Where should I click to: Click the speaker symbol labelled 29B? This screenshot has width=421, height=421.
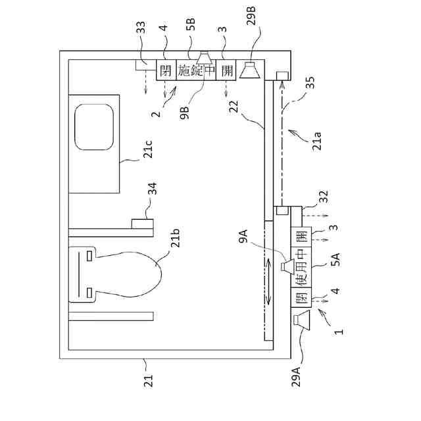[x=250, y=69]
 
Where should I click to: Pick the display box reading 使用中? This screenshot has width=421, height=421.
[x=302, y=269]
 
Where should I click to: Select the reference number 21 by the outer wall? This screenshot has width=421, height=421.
[x=148, y=380]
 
